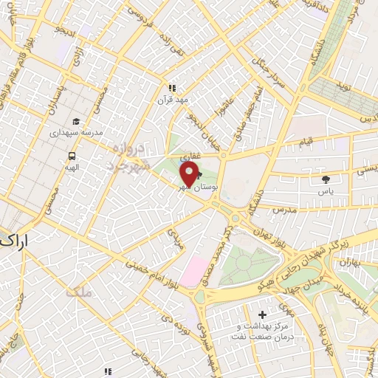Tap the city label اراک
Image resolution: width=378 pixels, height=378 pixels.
click(16, 241)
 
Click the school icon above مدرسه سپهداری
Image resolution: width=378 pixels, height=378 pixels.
click(76, 122)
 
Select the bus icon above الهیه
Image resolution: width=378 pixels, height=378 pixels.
click(72, 156)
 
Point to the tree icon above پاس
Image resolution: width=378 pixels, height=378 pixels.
click(326, 179)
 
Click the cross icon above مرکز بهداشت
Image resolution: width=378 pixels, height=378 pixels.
click(264, 315)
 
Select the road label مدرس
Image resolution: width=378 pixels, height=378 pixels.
click(283, 210)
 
